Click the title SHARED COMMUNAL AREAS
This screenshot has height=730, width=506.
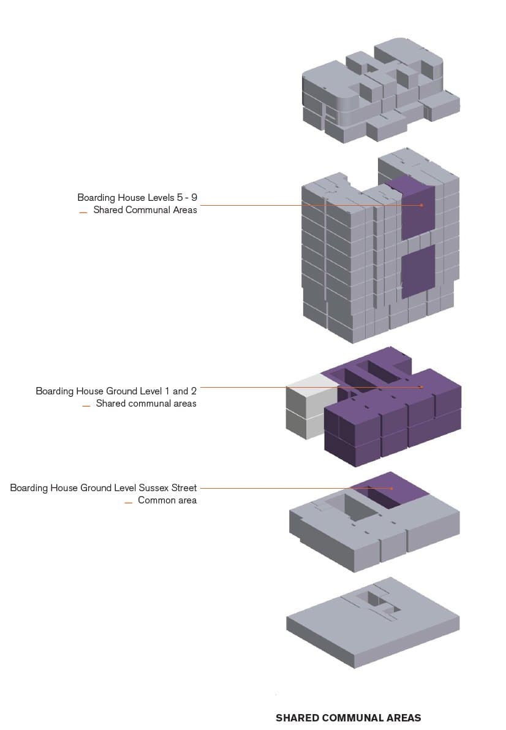(348, 718)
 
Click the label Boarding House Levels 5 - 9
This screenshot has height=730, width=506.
(137, 198)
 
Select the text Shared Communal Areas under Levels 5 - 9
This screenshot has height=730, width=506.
(145, 210)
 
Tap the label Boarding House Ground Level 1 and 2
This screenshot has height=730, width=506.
(116, 391)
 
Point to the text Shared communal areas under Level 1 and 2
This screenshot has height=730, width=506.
(146, 404)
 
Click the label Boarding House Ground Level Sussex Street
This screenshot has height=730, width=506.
(104, 488)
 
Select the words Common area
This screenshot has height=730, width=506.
(167, 500)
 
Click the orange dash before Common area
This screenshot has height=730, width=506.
(129, 503)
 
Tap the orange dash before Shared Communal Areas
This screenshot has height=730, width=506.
(83, 213)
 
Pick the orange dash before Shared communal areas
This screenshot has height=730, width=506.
(86, 406)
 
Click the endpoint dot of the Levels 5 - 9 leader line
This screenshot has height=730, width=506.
(422, 205)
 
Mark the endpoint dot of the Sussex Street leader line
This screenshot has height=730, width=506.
(392, 488)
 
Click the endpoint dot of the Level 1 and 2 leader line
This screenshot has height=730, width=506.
(422, 387)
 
